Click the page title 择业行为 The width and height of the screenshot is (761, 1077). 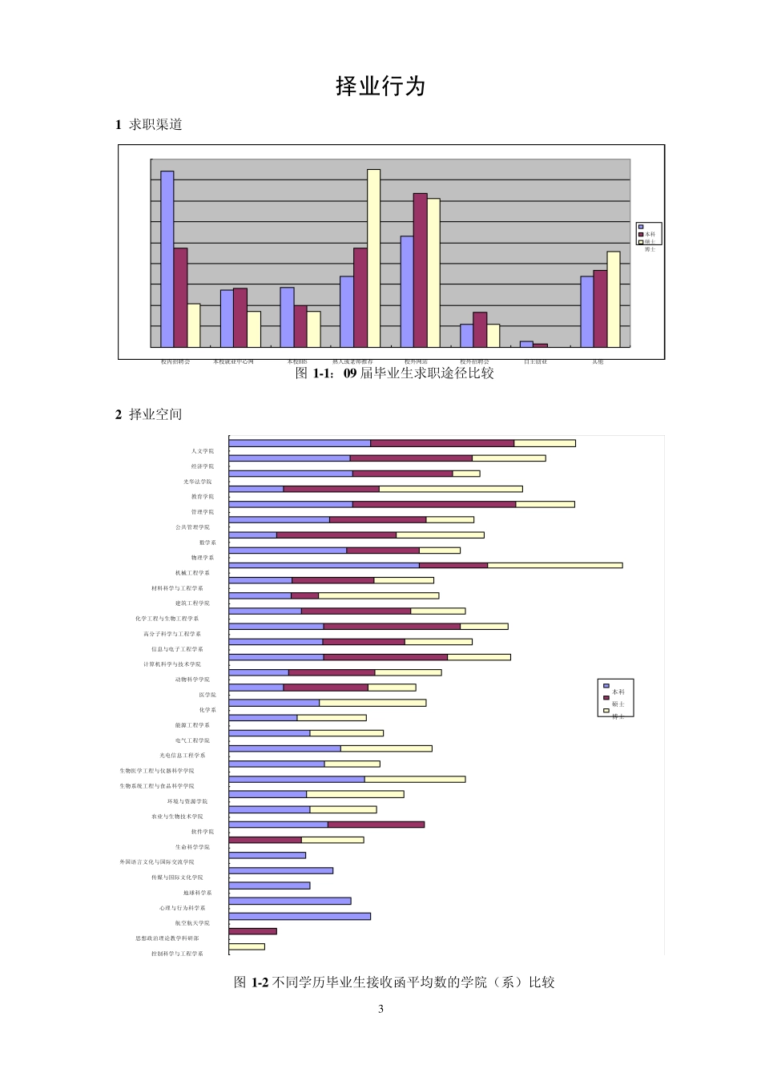click(x=380, y=87)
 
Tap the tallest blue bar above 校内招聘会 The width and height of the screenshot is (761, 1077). click(x=167, y=259)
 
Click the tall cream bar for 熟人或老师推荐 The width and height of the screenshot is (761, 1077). click(x=373, y=258)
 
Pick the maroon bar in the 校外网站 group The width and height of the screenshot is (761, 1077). click(x=421, y=270)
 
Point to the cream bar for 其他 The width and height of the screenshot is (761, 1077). click(x=614, y=299)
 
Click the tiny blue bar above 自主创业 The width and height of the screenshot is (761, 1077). click(x=526, y=344)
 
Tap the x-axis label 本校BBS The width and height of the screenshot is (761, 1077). click(x=297, y=362)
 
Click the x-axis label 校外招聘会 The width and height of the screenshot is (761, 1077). click(x=474, y=362)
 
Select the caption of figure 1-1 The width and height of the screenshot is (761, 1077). click(x=395, y=373)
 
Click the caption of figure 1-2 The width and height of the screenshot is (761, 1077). click(x=394, y=982)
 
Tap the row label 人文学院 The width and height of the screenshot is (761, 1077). click(x=203, y=451)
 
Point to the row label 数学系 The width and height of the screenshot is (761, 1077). click(x=207, y=543)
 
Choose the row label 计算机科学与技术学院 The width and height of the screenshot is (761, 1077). click(x=172, y=664)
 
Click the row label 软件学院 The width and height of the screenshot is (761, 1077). click(x=203, y=832)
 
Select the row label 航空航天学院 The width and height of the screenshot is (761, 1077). click(x=192, y=923)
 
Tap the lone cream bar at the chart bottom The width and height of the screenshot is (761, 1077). click(x=247, y=946)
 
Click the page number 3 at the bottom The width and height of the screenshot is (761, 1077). click(x=380, y=1009)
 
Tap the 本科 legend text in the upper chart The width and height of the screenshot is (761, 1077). click(x=650, y=235)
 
